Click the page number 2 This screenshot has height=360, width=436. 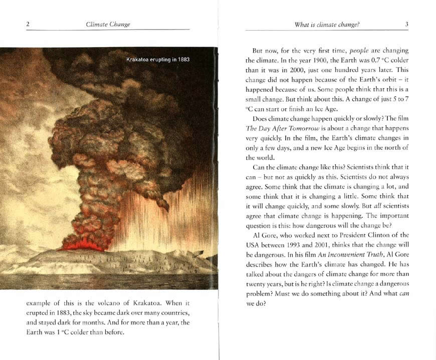pyautogui.click(x=28, y=24)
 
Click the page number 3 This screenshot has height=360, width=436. pyautogui.click(x=407, y=24)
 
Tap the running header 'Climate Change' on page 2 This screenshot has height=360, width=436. pyautogui.click(x=108, y=24)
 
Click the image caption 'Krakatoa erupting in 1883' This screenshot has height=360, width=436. pyautogui.click(x=158, y=60)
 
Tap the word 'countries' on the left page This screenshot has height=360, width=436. pyautogui.click(x=174, y=313)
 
